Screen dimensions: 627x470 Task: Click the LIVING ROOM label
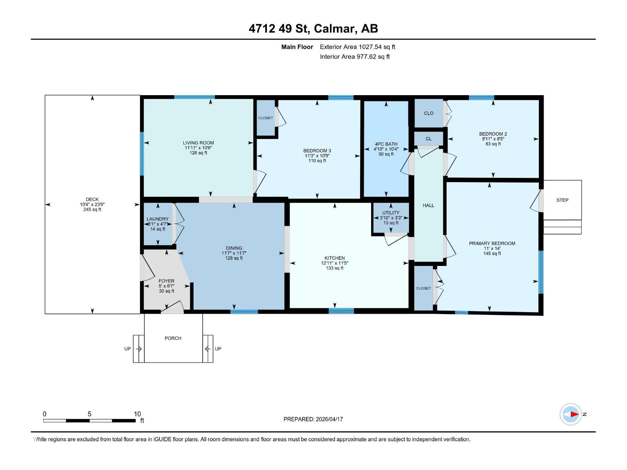click(198, 143)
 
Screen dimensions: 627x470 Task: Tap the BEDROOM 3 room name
click(317, 151)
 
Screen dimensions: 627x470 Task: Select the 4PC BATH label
click(386, 144)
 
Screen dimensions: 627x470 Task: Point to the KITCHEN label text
click(335, 258)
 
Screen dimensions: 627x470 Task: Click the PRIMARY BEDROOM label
click(492, 243)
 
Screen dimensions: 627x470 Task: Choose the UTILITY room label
click(391, 213)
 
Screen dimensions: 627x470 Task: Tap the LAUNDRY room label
click(158, 219)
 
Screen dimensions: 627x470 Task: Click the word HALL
click(428, 206)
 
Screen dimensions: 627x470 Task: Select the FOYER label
click(167, 281)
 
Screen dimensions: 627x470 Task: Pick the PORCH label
click(173, 338)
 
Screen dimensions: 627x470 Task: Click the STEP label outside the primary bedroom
click(562, 200)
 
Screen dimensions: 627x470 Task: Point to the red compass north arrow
click(574, 414)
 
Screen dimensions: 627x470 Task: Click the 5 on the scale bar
click(89, 414)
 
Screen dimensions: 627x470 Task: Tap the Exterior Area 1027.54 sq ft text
click(357, 47)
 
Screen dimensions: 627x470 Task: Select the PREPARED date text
click(313, 419)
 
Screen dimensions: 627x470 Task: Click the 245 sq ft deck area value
click(92, 210)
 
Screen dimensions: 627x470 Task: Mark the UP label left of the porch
click(127, 349)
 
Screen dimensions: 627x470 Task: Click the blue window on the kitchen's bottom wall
click(341, 311)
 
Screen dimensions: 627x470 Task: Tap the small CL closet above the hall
click(428, 139)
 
